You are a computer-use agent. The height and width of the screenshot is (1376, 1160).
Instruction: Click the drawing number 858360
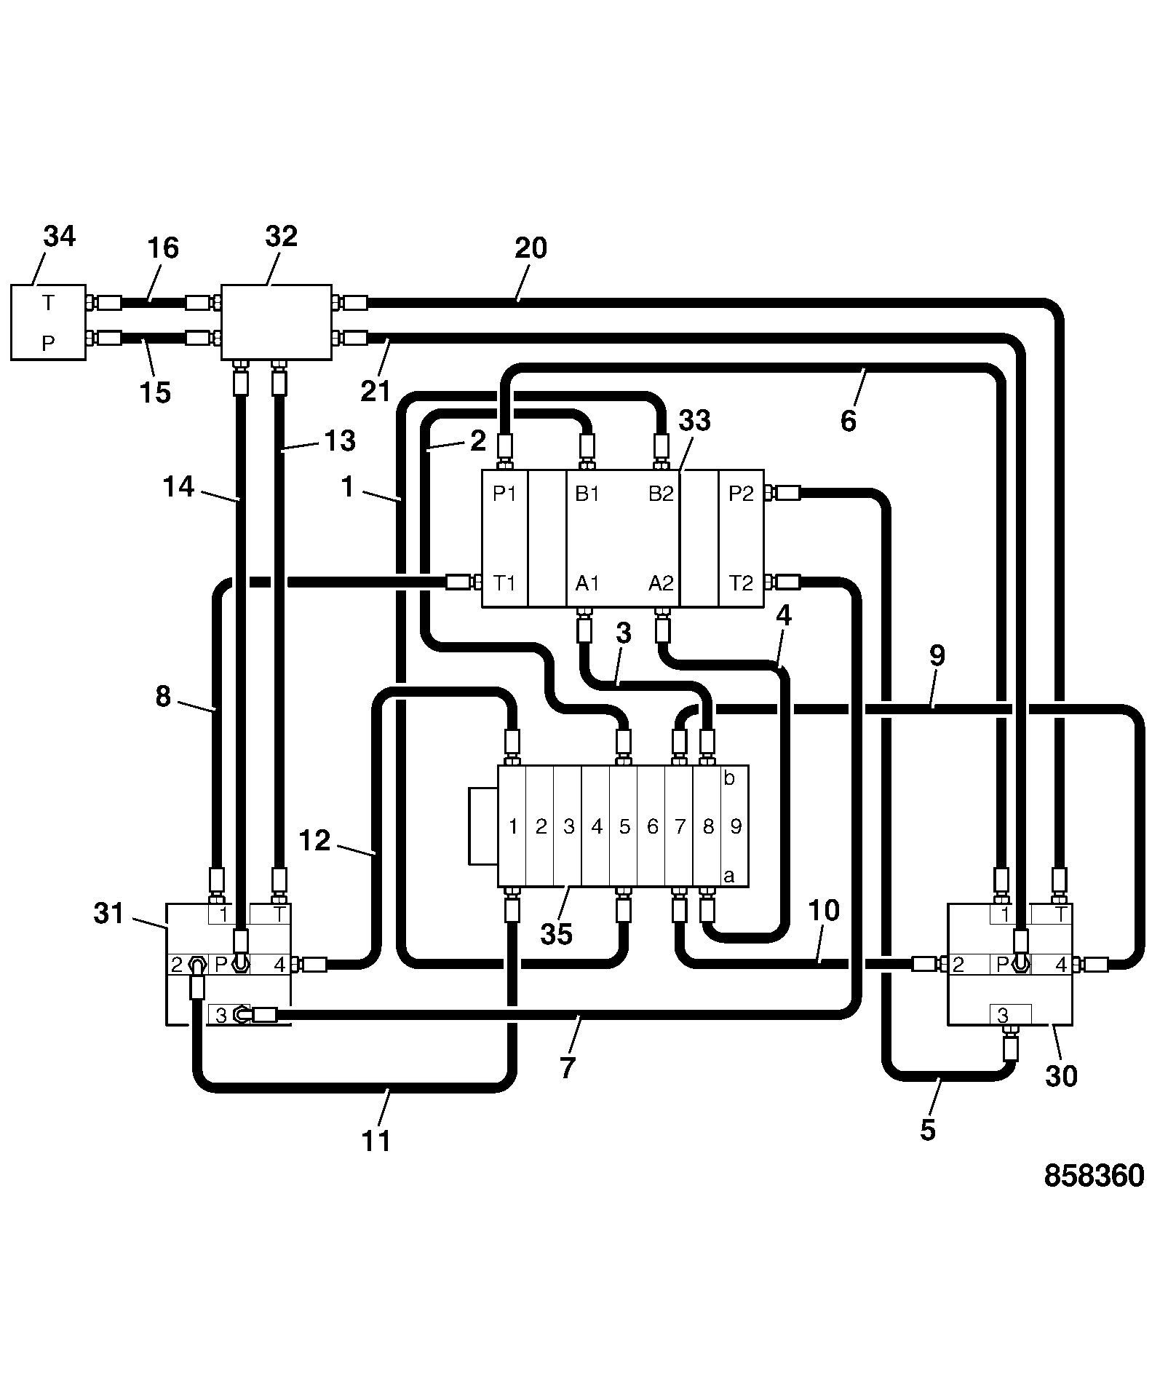click(1094, 1176)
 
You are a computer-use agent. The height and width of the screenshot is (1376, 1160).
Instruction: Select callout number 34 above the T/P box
click(60, 236)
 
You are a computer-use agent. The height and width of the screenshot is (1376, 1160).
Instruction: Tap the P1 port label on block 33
click(504, 494)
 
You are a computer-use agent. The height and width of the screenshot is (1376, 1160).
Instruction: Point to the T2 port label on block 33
click(741, 583)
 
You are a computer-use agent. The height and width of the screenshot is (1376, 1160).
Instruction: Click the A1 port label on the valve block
click(587, 583)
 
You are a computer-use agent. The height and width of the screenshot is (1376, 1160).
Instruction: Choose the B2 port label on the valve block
click(661, 494)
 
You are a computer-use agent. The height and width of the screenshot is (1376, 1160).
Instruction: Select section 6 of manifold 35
click(652, 826)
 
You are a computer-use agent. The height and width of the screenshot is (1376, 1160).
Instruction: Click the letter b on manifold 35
click(729, 778)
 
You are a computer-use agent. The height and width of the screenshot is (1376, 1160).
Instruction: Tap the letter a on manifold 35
click(729, 877)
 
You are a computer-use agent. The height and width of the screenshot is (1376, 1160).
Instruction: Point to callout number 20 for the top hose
click(531, 248)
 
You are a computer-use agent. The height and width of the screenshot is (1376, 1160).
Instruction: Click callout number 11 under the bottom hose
click(376, 1141)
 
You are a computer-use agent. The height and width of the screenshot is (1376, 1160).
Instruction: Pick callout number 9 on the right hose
click(937, 656)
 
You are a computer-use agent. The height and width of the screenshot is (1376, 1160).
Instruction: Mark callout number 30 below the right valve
click(1061, 1075)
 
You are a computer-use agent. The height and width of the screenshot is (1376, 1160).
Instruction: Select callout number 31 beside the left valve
click(109, 913)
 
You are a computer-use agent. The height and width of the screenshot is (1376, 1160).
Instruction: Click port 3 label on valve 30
click(1003, 1014)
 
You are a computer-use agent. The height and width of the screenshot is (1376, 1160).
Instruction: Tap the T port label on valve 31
click(279, 914)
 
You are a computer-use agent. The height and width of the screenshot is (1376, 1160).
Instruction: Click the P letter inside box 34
click(48, 342)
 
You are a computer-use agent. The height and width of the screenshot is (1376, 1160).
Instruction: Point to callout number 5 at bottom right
click(928, 1130)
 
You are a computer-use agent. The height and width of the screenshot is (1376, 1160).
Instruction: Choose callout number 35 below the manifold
click(557, 933)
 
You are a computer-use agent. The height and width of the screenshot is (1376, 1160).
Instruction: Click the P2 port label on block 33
click(741, 494)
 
